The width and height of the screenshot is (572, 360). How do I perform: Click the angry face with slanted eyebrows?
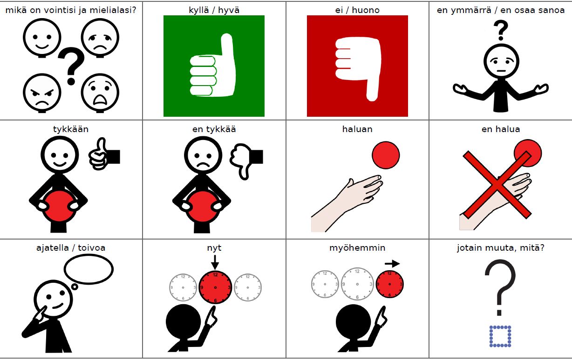pyautogui.click(x=42, y=93)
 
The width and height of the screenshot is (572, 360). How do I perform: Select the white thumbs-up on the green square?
pyautogui.click(x=212, y=65)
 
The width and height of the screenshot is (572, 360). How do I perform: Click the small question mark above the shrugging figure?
pyautogui.click(x=501, y=30)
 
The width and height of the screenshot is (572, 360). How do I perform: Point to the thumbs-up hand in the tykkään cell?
pyautogui.click(x=104, y=154)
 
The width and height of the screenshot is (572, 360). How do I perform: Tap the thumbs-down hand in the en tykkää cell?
pyautogui.click(x=246, y=161)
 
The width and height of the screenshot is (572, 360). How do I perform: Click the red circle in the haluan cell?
pyautogui.click(x=386, y=155)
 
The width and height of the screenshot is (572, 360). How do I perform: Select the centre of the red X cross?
pyautogui.click(x=497, y=184)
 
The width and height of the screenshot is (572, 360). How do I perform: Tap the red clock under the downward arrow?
pyautogui.click(x=215, y=287)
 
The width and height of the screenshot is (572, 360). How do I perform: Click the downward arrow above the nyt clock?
pyautogui.click(x=215, y=262)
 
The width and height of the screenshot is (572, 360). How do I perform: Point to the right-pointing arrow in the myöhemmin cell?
pyautogui.click(x=392, y=263)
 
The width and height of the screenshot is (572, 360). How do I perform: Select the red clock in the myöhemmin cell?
pyautogui.click(x=389, y=284)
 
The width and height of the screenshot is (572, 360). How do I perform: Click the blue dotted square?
pyautogui.click(x=500, y=336)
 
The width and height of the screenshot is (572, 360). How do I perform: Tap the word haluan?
pyautogui.click(x=357, y=129)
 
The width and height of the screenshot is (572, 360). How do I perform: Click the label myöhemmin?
pyautogui.click(x=357, y=248)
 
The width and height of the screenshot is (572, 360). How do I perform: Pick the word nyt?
pyautogui.click(x=214, y=248)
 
